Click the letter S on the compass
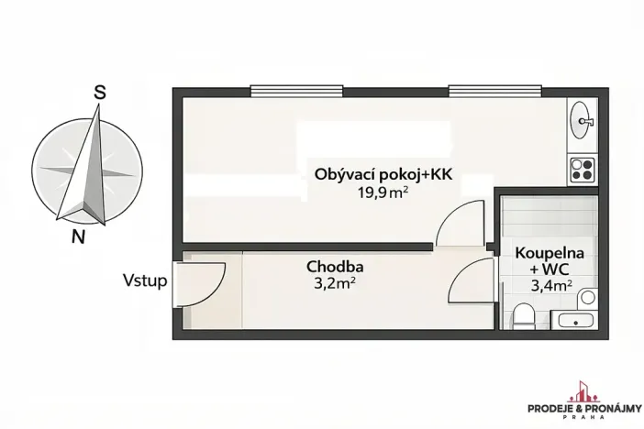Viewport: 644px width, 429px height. (100, 92)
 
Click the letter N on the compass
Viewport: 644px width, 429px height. (79, 237)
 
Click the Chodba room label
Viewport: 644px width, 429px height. (334, 267)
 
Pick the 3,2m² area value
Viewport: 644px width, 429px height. (334, 283)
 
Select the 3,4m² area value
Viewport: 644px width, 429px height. (551, 286)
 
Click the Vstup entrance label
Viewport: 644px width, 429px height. (145, 280)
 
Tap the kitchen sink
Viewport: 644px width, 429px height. (582, 118)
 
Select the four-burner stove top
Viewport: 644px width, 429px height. (582, 169)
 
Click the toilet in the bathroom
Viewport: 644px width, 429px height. (524, 317)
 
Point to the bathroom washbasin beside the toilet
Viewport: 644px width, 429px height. (574, 320)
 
